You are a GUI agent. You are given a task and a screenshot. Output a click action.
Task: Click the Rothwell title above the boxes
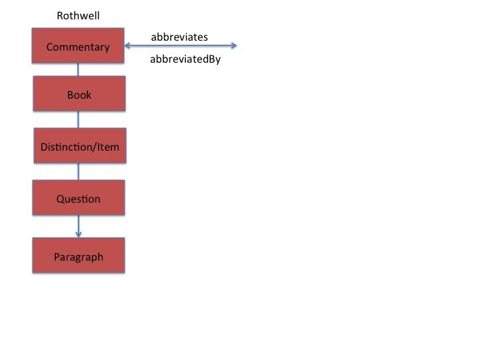(78, 15)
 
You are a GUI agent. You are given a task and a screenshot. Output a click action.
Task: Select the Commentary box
(79, 46)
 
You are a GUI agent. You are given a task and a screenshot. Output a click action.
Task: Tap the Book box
(79, 94)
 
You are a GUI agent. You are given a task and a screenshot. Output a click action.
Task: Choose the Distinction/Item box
(79, 146)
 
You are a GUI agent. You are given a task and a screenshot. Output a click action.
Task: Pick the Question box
(79, 198)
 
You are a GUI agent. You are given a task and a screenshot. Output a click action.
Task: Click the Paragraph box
(79, 256)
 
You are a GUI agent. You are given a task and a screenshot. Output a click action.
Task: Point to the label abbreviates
(179, 37)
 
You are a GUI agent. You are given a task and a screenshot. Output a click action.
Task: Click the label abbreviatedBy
(185, 59)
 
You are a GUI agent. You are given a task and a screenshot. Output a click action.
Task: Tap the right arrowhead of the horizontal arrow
(233, 45)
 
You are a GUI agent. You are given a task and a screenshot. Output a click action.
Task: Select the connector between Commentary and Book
(79, 70)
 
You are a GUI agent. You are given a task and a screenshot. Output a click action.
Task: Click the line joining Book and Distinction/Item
(79, 119)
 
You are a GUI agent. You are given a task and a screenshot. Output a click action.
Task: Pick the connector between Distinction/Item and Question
(79, 172)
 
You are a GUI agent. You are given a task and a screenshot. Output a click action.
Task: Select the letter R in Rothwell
(60, 15)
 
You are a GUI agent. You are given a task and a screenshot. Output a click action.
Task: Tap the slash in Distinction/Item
(93, 146)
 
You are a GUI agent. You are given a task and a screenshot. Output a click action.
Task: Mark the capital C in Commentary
(49, 47)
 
